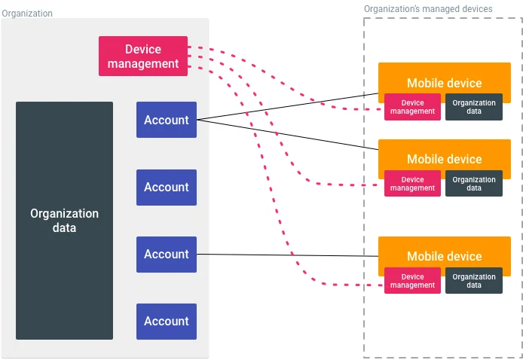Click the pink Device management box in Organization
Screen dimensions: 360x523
point(143,56)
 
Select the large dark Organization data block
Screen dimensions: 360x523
point(64,221)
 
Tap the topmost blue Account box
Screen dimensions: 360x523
point(167,120)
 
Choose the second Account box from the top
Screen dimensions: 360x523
point(167,187)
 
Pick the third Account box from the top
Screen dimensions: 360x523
point(167,254)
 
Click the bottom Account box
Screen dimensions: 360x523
point(167,321)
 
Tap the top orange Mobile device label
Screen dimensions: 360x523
point(444,82)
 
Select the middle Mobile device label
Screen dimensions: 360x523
point(444,159)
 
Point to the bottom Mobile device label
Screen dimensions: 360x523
point(444,256)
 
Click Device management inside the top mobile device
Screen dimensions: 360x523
point(412,107)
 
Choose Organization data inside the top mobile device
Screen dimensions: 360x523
point(474,107)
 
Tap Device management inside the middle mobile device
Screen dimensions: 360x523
point(412,184)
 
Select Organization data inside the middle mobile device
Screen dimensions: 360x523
point(474,184)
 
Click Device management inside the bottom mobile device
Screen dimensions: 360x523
point(412,281)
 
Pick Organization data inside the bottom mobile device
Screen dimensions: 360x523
point(474,281)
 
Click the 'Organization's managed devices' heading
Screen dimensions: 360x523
point(428,9)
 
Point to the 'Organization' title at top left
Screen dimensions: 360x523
point(27,13)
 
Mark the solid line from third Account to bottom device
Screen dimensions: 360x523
point(286,255)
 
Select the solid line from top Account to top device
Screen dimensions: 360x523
point(286,107)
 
